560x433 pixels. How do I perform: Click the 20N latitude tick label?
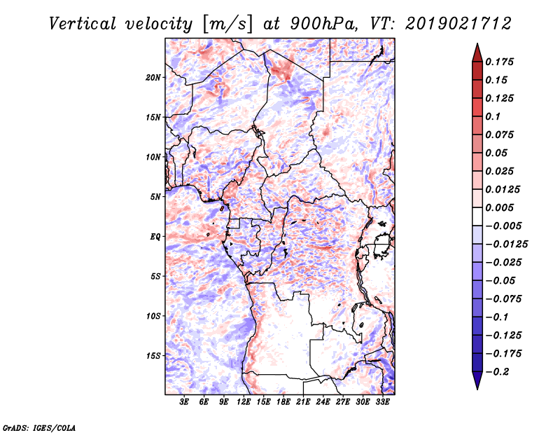tap(153, 78)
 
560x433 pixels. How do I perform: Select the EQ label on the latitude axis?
tap(155, 237)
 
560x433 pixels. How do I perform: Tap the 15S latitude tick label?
tap(153, 356)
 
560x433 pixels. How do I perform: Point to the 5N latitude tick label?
tap(155, 197)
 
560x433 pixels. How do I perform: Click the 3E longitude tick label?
tap(184, 402)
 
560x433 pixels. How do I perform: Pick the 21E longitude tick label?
tap(303, 402)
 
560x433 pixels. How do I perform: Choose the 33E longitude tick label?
tap(382, 402)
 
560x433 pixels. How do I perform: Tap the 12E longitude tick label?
tap(244, 402)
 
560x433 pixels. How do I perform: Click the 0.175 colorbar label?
tap(499, 62)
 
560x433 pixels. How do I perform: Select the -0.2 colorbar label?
tap(497, 372)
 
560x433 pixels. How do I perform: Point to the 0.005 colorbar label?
tap(499, 207)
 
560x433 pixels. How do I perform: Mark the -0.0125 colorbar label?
tap(506, 245)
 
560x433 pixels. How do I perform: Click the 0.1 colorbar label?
tap(493, 116)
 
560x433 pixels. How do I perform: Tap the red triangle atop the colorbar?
tap(477, 53)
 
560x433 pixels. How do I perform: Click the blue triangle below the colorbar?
tap(477, 380)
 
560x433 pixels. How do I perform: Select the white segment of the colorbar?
tap(477, 216)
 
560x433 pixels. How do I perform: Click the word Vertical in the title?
tap(83, 24)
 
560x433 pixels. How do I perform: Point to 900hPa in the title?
tap(323, 24)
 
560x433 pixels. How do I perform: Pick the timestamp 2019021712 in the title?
tap(458, 24)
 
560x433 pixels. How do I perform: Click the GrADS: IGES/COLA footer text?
tap(39, 428)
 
